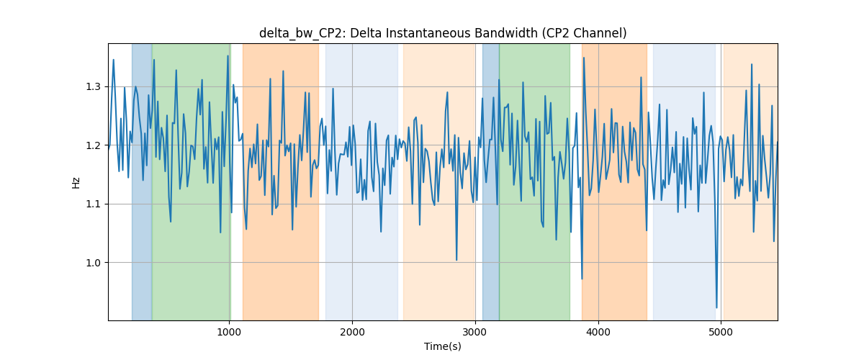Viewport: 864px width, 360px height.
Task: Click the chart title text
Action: tap(443, 33)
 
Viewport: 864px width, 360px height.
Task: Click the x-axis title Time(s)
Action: tap(443, 346)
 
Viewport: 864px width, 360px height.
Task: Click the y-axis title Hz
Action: tap(76, 182)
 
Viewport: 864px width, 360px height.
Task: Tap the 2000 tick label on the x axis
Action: tap(352, 332)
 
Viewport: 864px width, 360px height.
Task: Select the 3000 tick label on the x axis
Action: tap(475, 332)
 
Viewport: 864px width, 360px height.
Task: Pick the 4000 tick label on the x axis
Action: tap(598, 332)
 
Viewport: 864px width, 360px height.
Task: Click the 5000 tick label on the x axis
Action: tap(721, 332)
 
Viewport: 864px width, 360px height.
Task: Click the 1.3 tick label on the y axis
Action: tap(94, 87)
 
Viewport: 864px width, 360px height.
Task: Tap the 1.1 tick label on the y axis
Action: tap(94, 204)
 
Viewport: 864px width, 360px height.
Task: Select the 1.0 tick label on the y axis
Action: tap(94, 263)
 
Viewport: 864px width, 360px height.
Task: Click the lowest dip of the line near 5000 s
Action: tap(716, 307)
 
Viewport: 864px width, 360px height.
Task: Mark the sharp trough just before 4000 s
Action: tap(582, 279)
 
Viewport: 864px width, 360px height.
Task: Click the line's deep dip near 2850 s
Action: tap(456, 260)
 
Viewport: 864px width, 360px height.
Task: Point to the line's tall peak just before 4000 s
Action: tap(584, 58)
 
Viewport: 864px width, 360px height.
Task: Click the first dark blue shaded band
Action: tap(142, 181)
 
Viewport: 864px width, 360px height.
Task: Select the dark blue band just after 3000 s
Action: tap(490, 181)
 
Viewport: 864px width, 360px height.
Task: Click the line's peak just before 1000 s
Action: tap(228, 56)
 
